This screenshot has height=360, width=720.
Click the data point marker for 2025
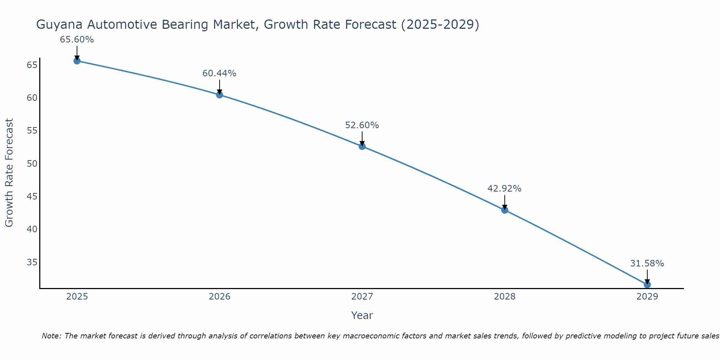pyautogui.click(x=77, y=61)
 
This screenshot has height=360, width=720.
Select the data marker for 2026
pyautogui.click(x=220, y=95)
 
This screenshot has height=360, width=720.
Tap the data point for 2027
pyautogui.click(x=362, y=146)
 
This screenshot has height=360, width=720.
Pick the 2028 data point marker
pyautogui.click(x=505, y=210)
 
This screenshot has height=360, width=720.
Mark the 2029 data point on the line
pyautogui.click(x=647, y=284)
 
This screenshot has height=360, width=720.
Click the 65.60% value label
pyautogui.click(x=77, y=40)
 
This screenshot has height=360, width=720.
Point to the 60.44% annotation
pyautogui.click(x=219, y=73)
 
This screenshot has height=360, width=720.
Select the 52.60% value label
pyautogui.click(x=362, y=125)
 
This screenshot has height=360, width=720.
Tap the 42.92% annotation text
pyautogui.click(x=504, y=189)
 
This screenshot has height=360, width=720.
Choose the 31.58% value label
pyautogui.click(x=647, y=264)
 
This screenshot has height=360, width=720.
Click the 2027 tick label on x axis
pyautogui.click(x=362, y=297)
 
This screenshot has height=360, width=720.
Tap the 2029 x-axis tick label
pyautogui.click(x=647, y=297)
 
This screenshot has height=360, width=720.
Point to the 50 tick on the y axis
pyautogui.click(x=32, y=163)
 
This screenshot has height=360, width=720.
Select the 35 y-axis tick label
pyautogui.click(x=32, y=262)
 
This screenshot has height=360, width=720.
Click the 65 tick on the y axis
pyautogui.click(x=32, y=65)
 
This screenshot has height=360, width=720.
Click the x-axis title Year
pyautogui.click(x=362, y=315)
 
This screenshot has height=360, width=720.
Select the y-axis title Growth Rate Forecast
pyautogui.click(x=9, y=172)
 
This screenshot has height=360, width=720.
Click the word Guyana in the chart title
pyautogui.click(x=60, y=25)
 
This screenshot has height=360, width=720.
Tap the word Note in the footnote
pyautogui.click(x=51, y=336)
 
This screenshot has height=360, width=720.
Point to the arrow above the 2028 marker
pyautogui.click(x=505, y=202)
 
